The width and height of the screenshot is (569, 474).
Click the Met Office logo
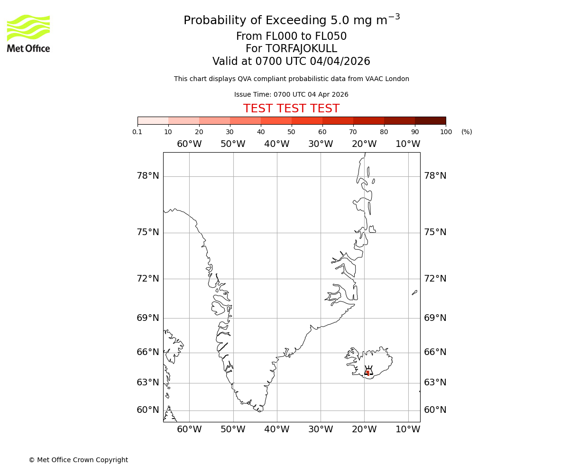click(28, 33)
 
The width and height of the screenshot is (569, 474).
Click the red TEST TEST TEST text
click(291, 109)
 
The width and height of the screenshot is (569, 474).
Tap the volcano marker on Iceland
click(368, 371)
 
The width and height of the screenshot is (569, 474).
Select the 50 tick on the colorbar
click(291, 132)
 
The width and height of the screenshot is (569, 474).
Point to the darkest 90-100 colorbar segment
click(430, 120)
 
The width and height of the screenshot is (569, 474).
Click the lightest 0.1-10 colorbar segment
click(153, 120)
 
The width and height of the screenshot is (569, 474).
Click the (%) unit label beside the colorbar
click(467, 132)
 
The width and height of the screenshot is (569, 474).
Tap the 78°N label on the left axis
click(148, 176)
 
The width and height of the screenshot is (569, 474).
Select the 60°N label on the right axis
click(435, 410)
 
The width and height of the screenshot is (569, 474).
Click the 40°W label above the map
click(276, 144)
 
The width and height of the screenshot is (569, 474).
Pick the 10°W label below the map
click(408, 429)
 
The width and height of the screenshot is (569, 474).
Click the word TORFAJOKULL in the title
click(301, 49)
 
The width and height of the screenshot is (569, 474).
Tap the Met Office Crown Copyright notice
click(78, 460)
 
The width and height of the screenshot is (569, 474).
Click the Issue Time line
click(291, 94)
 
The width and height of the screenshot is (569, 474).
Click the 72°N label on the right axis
click(435, 278)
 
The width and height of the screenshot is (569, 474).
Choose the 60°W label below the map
click(189, 429)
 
